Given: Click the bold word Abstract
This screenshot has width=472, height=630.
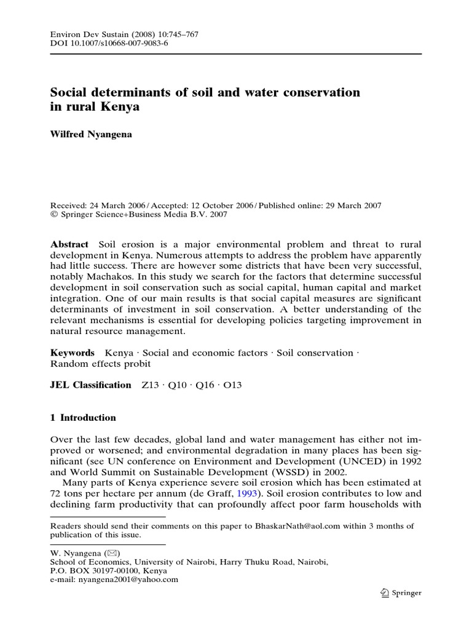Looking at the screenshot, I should (69, 244).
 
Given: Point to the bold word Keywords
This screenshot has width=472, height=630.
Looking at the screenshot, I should (72, 353).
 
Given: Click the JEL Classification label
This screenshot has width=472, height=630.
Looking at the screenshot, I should (90, 385).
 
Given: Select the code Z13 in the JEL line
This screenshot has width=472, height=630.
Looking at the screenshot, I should (149, 385).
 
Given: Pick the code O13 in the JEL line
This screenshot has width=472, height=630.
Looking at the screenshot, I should (233, 385).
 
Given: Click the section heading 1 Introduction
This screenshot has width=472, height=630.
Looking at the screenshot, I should (82, 417).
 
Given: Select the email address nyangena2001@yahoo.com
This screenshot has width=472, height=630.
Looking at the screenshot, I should (128, 579).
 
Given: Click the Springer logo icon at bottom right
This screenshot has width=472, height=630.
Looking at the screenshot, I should (385, 593).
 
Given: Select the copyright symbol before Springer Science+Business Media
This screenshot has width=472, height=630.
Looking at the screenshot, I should (53, 215).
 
